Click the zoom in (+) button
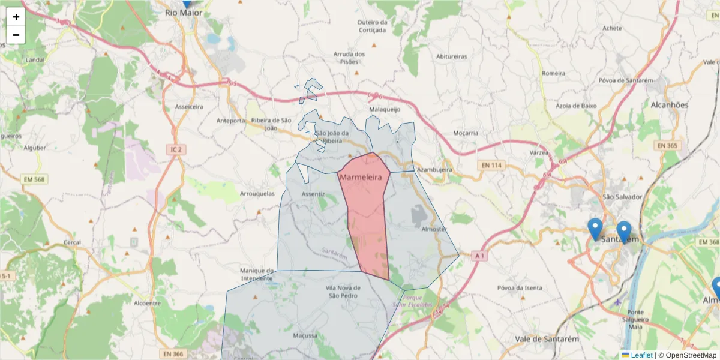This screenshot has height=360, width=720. click(16, 17)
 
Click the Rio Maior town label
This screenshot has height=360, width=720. click(184, 12)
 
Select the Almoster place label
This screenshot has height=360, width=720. click(434, 229)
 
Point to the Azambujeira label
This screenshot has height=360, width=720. click(434, 170)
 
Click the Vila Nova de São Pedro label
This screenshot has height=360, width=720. click(343, 292)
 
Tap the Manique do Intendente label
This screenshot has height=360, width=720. click(257, 274)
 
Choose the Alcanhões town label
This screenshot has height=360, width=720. click(669, 105)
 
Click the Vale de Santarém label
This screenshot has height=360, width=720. click(547, 339)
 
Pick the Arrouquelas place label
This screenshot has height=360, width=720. click(257, 194)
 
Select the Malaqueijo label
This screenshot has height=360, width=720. click(385, 110)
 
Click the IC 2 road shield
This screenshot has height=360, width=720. click(175, 149)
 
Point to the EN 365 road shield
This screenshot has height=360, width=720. click(667, 145)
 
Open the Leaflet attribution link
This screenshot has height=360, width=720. click(641, 355)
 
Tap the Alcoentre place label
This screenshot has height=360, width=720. click(147, 303)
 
